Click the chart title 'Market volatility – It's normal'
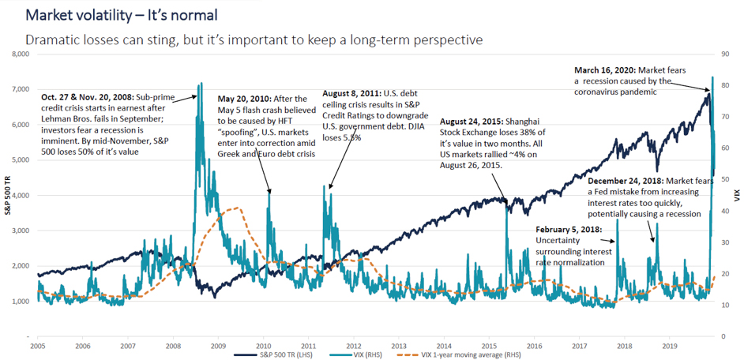122,15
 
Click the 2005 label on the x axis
37,344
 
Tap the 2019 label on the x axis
669,344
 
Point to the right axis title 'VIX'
737,196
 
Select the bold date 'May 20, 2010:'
244,99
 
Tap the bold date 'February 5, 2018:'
569,230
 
